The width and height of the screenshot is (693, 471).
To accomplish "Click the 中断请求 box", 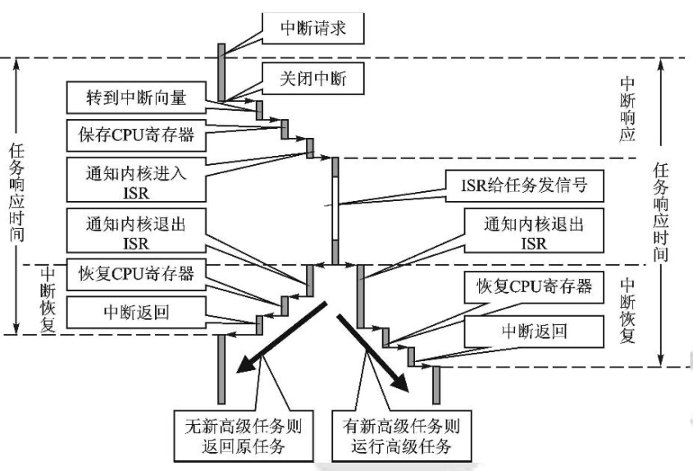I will (312, 27).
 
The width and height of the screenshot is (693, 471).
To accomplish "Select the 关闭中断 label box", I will (312, 79).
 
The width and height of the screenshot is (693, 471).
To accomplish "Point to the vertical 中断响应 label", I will (627, 110).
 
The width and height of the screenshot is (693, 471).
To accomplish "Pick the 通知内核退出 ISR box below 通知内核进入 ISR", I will (134, 232).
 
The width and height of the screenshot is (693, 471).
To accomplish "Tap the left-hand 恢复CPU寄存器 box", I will (134, 274).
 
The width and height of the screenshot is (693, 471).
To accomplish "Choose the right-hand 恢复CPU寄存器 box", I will (534, 289).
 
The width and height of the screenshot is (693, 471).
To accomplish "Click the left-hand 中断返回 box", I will (134, 310).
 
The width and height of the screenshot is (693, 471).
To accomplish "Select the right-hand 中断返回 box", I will (534, 332).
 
